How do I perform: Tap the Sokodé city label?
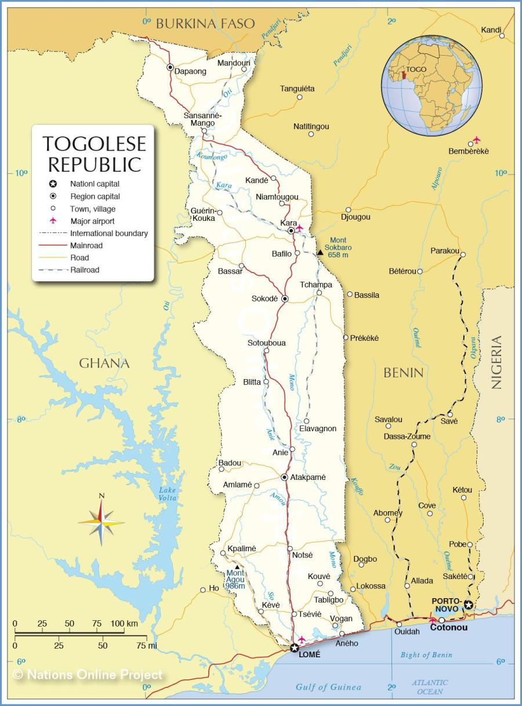point(264,299)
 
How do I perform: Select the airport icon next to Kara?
point(299,228)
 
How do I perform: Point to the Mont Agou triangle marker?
point(237,567)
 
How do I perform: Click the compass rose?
point(101,522)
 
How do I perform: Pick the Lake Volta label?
point(168,494)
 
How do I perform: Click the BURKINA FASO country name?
point(205,24)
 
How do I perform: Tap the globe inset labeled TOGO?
point(432,85)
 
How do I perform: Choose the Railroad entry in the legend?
point(85,270)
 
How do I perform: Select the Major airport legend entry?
point(92,221)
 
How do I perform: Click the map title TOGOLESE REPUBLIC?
point(94,154)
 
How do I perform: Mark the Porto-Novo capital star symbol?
point(468,605)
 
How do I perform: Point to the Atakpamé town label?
point(308,477)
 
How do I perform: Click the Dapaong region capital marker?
point(170,67)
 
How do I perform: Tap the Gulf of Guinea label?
point(328,687)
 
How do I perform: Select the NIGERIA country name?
point(496,362)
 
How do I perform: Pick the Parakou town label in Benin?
point(445,251)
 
